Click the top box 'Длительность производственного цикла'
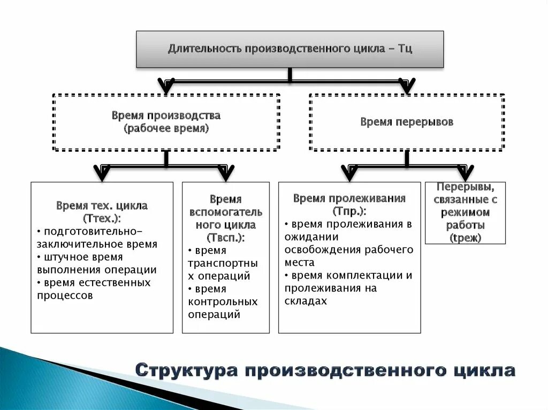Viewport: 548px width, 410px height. pos(290,49)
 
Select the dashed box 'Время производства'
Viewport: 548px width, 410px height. pos(166,122)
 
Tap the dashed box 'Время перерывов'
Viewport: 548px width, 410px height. pos(407,122)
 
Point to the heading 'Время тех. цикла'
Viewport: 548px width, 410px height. pos(102,206)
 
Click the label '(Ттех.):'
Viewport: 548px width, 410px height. pos(102,219)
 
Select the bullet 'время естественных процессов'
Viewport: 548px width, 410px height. pos(94,289)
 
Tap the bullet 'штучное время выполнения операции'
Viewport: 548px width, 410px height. pos(96,264)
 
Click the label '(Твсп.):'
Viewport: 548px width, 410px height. pos(225,237)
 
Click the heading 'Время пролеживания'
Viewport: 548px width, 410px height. pos(349,199)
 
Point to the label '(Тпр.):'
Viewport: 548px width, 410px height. pos(349,211)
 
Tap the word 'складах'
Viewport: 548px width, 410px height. pos(306,301)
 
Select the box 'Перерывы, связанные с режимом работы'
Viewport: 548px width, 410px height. pos(465,212)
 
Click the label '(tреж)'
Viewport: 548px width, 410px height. pos(465,238)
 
